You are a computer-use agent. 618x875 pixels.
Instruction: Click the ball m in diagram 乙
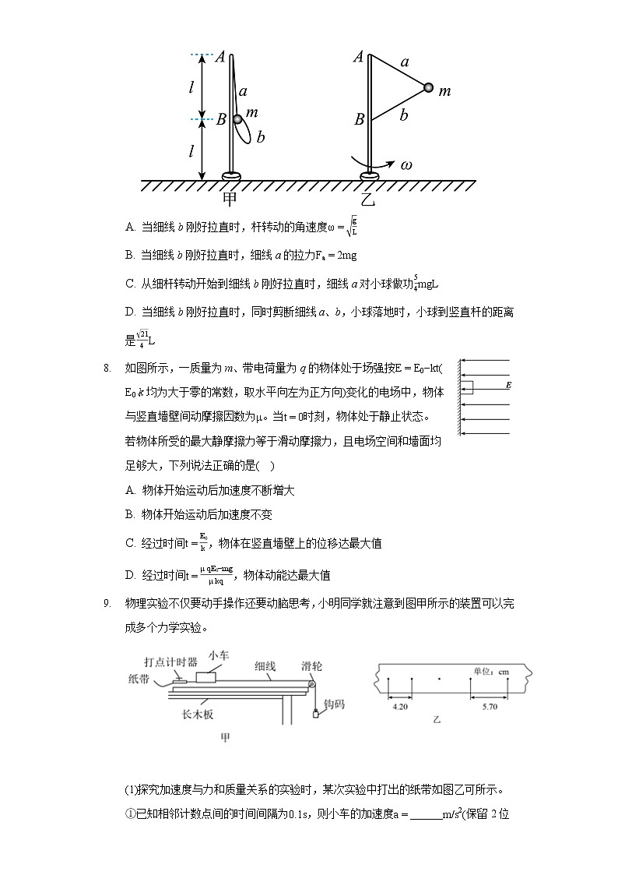pos(428,87)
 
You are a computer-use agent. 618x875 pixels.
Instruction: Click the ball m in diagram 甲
pos(238,119)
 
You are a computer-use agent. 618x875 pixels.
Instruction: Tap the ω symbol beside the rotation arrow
pos(406,165)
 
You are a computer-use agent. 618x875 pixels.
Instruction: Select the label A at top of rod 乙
pos(359,56)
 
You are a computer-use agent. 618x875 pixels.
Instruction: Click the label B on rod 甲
pos(220,120)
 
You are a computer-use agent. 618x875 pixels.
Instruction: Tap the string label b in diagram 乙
pos(403,116)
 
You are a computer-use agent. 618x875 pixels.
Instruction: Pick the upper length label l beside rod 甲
pos(191,87)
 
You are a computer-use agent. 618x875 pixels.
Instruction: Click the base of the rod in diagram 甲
pos(231,176)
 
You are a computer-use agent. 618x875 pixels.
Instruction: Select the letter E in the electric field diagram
pos(508,386)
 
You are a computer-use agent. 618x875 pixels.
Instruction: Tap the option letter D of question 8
pos(130,576)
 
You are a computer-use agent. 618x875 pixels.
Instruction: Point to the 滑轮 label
pos(314,666)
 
